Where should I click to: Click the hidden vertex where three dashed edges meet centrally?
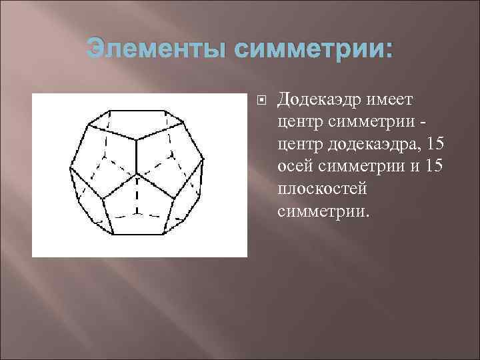tap(138, 175)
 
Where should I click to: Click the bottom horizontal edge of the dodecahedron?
tap(137, 235)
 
